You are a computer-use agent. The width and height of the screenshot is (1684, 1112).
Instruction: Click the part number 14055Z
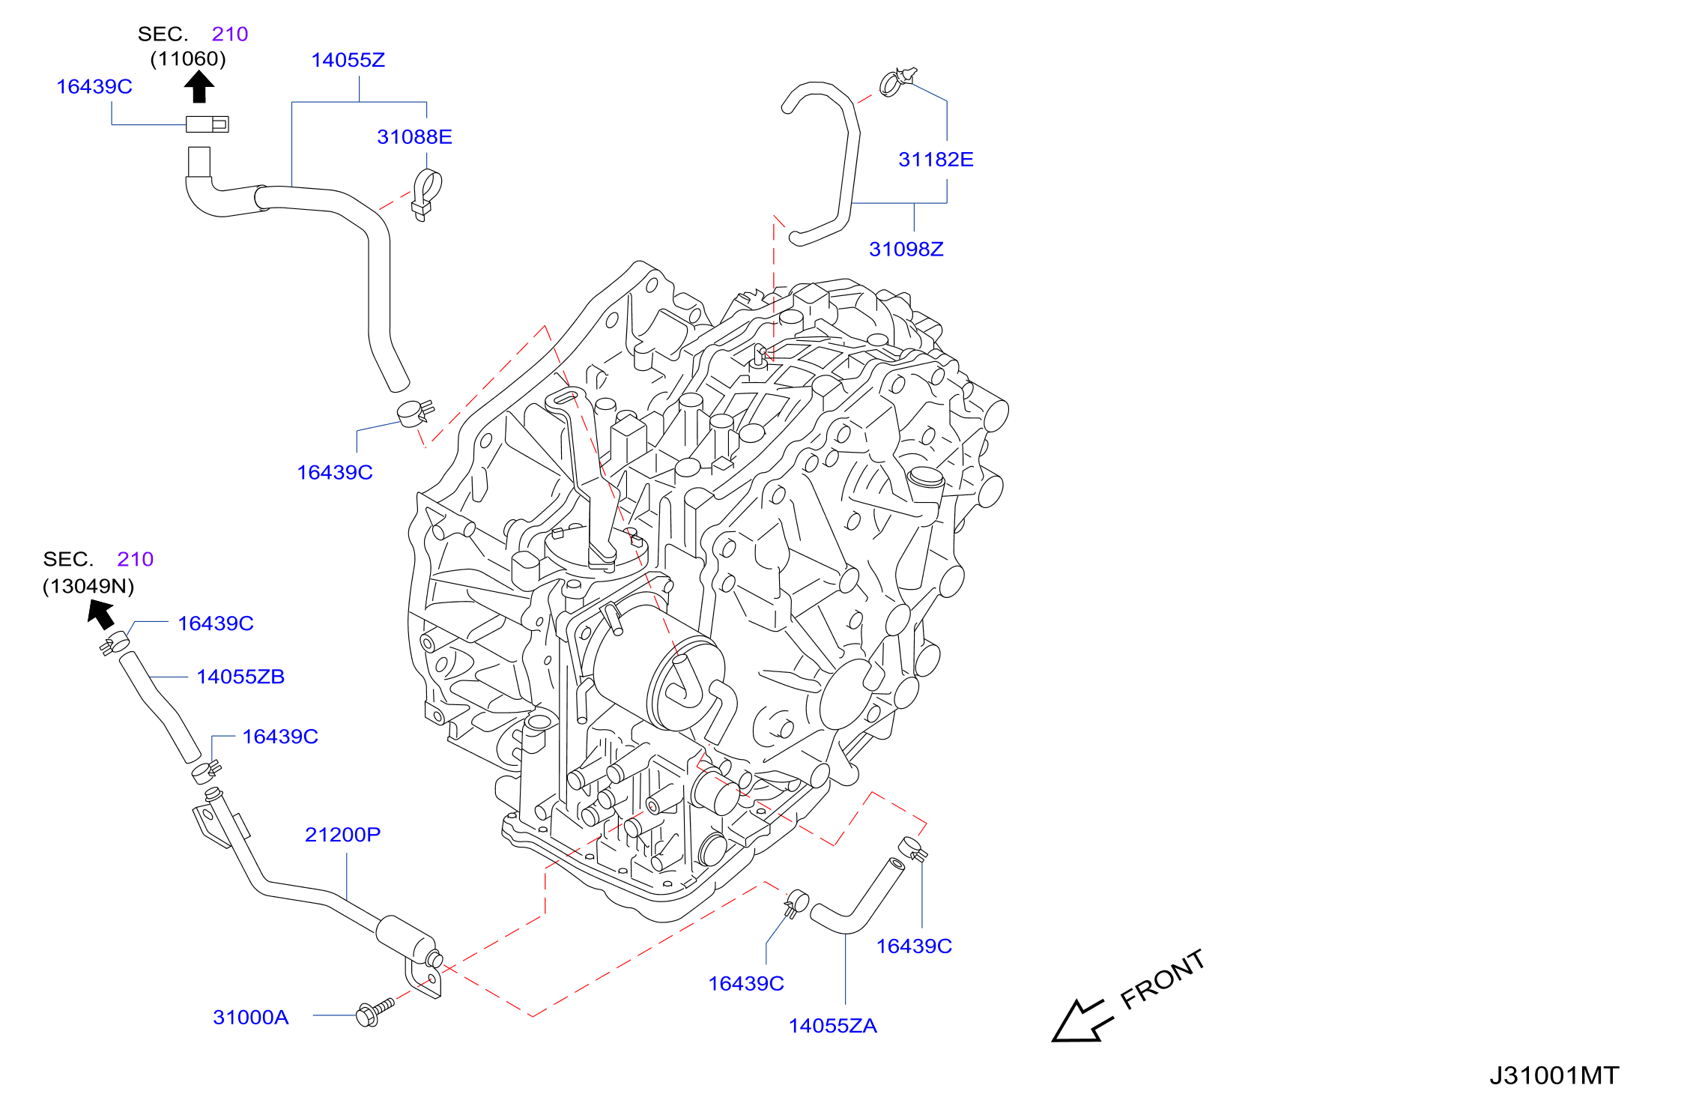348,60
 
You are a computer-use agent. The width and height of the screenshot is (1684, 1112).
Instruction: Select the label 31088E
414,136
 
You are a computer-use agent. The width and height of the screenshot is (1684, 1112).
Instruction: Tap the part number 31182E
936,159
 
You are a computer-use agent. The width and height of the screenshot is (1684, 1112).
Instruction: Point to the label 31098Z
906,249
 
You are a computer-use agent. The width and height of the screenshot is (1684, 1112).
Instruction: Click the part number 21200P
342,834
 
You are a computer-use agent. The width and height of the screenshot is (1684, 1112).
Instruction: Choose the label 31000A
250,1017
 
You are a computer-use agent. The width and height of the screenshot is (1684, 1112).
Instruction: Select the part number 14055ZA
832,1025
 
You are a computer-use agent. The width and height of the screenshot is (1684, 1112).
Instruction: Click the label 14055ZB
240,677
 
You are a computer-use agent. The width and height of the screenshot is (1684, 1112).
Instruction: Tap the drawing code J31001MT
1554,1075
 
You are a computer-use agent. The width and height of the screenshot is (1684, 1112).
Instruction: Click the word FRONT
1163,979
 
